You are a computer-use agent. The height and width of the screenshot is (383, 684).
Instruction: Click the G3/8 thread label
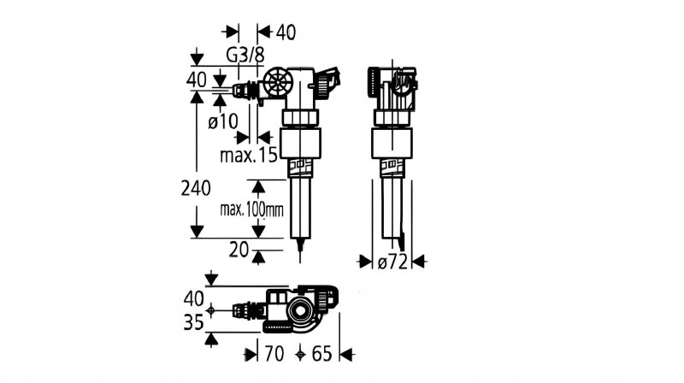tap(245, 56)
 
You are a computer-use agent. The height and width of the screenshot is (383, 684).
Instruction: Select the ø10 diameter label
tap(223, 121)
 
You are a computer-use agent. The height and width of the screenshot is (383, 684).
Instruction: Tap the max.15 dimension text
tap(249, 155)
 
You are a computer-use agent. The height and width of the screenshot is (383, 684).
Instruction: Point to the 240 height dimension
tap(196, 188)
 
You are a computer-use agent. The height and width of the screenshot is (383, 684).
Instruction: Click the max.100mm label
tap(251, 209)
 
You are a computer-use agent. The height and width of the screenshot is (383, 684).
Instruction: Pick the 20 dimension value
tap(239, 250)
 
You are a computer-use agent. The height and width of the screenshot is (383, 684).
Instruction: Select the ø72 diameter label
tap(392, 262)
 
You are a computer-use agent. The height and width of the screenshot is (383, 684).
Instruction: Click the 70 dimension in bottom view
tap(274, 354)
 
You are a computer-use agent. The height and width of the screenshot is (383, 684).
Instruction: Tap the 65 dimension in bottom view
tap(322, 354)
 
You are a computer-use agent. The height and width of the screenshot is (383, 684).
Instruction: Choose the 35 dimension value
tap(194, 323)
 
